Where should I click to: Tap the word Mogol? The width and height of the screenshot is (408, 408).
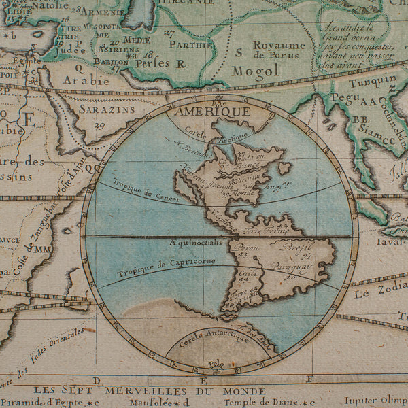coord(255,71)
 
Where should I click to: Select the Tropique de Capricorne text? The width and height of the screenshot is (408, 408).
coord(166,267)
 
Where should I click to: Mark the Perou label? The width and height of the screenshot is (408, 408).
coord(249,248)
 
